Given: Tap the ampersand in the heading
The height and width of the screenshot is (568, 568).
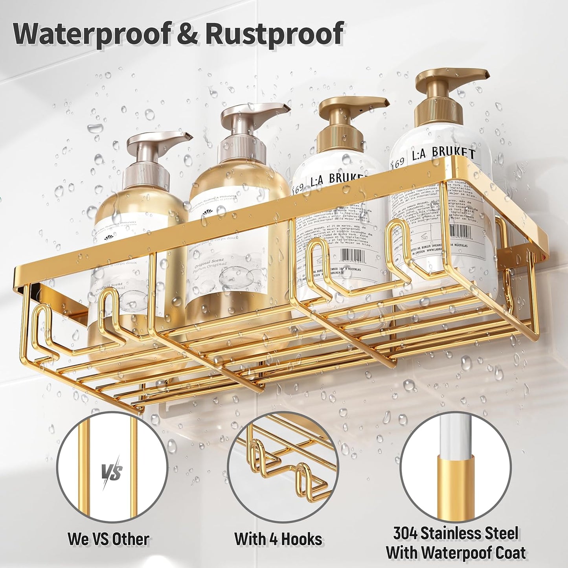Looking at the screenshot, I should coord(188,34).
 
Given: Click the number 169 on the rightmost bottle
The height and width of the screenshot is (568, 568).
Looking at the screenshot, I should coord(399,162).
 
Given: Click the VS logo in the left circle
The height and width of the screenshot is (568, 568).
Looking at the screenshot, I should coord(112,472).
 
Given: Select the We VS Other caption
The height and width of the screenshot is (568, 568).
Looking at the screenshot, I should coord(108,539).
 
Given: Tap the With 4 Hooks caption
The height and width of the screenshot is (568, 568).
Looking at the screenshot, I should coord(278,539).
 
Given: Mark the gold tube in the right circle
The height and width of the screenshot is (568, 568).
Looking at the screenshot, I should coord(456,483).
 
